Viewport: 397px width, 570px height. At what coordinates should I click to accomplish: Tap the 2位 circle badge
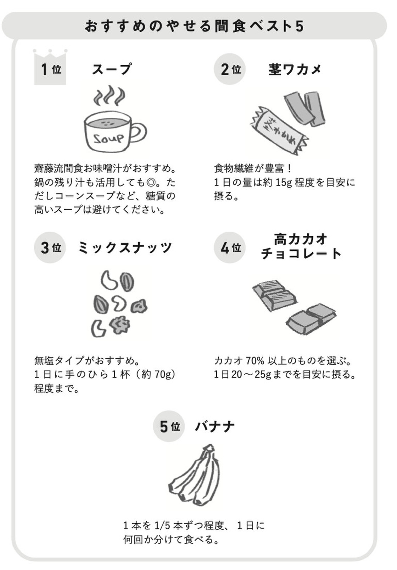[230, 69]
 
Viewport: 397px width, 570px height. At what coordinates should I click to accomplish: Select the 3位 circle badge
[50, 247]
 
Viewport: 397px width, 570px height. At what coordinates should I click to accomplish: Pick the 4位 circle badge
[230, 247]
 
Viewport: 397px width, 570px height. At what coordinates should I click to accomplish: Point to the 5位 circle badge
[169, 426]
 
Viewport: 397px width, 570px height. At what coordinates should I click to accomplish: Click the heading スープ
[112, 69]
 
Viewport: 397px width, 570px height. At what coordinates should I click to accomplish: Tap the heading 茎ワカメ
[295, 69]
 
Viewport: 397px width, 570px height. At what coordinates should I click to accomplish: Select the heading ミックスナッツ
[125, 247]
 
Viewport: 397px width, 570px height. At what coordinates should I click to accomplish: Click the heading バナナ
[214, 426]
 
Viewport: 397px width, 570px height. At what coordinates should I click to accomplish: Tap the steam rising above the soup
[110, 96]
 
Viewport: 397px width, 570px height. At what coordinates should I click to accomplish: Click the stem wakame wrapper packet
[280, 131]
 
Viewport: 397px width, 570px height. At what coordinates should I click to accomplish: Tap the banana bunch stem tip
[209, 447]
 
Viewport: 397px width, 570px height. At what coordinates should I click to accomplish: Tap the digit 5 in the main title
[300, 26]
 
